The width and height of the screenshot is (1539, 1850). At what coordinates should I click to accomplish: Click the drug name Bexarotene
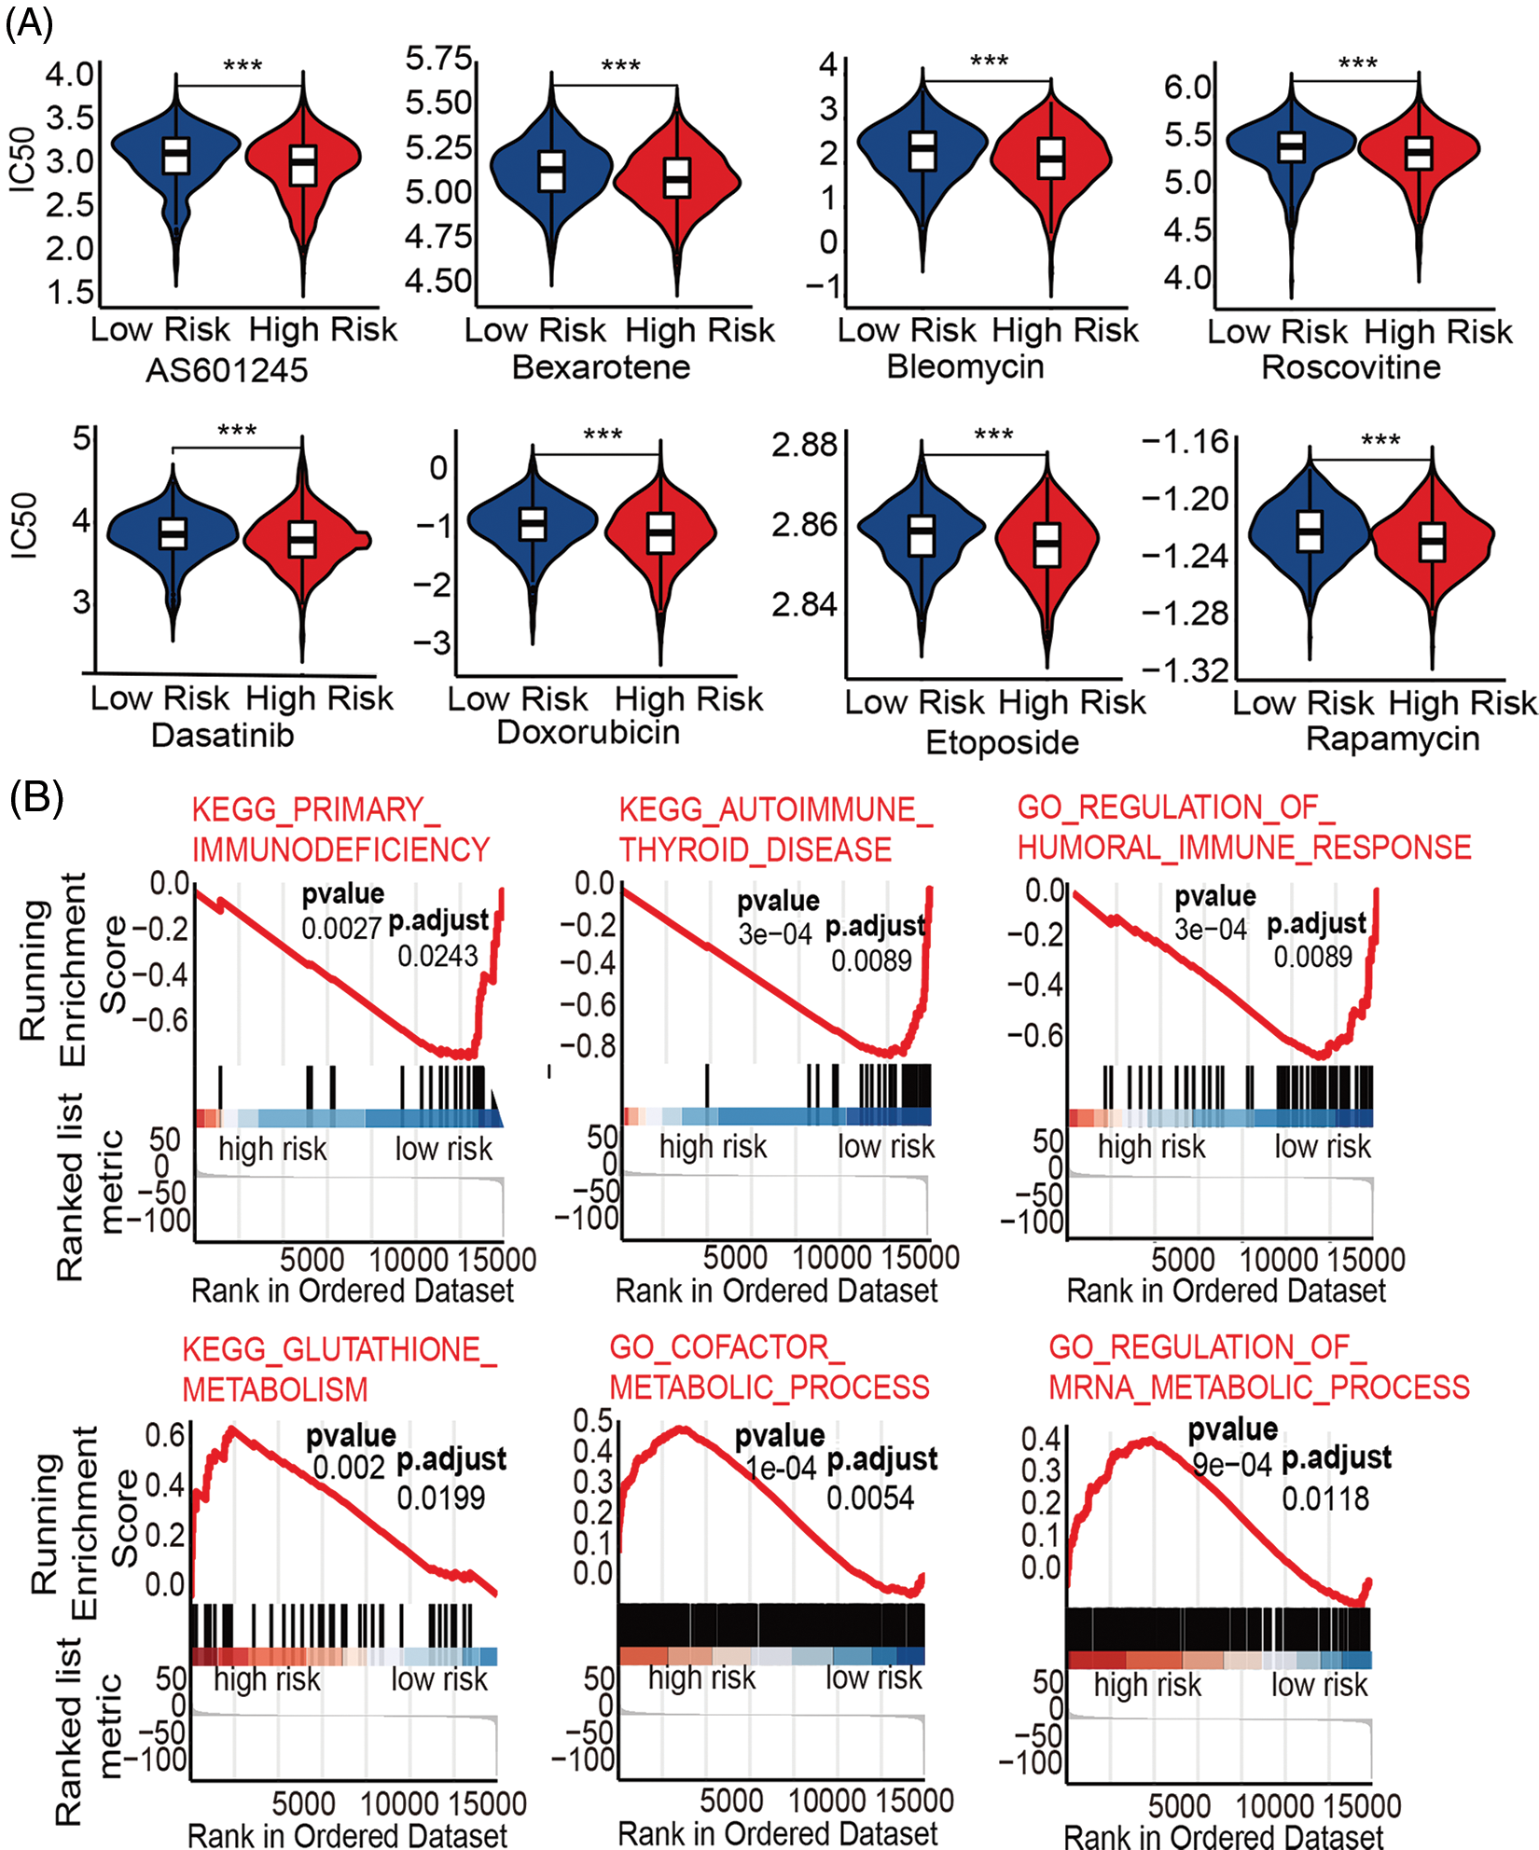point(601,366)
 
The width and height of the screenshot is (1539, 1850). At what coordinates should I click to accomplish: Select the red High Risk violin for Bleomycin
point(1051,159)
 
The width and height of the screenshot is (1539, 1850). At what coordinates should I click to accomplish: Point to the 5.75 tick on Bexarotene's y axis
point(438,59)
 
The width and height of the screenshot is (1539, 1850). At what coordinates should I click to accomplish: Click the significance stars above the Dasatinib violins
point(237,431)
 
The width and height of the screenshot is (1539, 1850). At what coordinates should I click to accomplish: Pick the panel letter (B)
point(35,798)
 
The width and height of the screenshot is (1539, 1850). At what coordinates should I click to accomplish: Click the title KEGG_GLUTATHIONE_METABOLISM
point(340,1369)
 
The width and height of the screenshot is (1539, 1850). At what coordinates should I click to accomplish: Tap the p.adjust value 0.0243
point(437,956)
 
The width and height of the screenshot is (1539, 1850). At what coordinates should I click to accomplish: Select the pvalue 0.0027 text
point(341,928)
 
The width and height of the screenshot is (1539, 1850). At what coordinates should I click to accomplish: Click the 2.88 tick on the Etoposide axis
point(804,445)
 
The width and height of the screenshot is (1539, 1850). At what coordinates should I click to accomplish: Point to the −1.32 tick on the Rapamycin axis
point(1185,670)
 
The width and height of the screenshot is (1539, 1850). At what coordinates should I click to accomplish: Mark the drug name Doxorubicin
point(588,732)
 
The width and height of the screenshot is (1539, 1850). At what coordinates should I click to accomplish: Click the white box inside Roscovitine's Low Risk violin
point(1291,146)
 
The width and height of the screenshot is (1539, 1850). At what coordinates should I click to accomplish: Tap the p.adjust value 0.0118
point(1324,1499)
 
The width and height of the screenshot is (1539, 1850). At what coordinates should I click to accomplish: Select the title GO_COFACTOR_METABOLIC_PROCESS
point(769,1367)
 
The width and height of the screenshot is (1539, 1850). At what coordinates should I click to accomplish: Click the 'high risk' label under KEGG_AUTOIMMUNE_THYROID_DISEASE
point(713,1146)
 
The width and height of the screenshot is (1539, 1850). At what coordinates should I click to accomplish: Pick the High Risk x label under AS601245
point(323,329)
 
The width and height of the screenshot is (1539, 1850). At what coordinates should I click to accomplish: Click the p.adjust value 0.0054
point(870,1498)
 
